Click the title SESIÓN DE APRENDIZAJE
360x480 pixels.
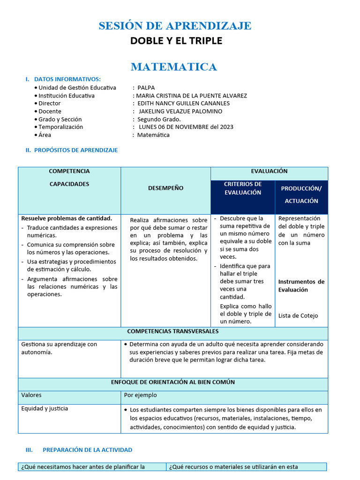click(175, 26)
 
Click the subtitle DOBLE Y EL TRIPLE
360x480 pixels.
click(176, 41)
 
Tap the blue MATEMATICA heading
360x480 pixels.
click(174, 67)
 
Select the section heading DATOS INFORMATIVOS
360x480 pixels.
click(67, 79)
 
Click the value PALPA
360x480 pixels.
click(146, 88)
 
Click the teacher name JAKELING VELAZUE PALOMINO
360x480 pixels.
click(180, 111)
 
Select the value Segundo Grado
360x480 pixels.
click(159, 119)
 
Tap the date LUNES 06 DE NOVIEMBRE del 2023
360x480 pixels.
click(186, 127)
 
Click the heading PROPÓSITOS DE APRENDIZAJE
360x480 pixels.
click(76, 150)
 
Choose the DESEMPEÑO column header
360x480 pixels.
click(165, 188)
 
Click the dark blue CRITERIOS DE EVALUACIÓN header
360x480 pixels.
click(242, 188)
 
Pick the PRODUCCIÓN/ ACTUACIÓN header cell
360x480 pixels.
click(301, 195)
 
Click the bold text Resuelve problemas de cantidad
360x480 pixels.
click(67, 218)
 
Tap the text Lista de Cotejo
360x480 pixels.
click(298, 315)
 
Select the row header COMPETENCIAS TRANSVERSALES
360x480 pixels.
click(172, 331)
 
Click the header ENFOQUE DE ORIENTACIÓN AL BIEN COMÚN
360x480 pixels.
click(172, 382)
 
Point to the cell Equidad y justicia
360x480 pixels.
click(45, 408)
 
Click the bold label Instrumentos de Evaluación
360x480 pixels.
click(301, 285)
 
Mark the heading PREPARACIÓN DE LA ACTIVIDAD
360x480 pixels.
click(87, 450)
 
